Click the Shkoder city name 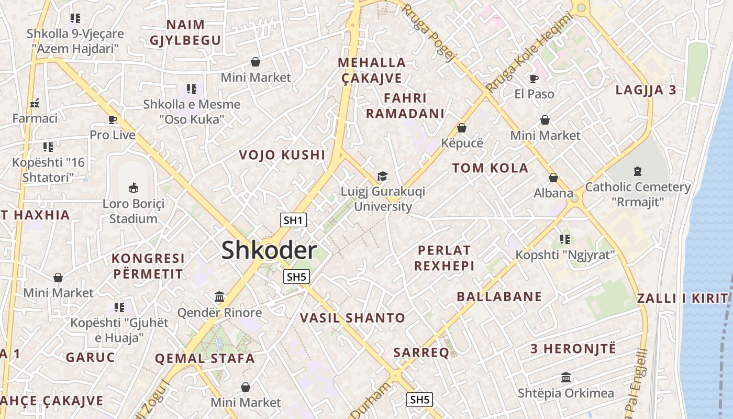click(x=269, y=250)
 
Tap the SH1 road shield click(x=293, y=220)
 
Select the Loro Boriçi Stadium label click(x=133, y=211)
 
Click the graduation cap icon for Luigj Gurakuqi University click(x=383, y=176)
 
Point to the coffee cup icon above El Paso click(x=534, y=79)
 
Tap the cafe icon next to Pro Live click(x=113, y=119)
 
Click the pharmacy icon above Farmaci click(x=35, y=103)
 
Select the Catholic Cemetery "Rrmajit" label click(x=638, y=194)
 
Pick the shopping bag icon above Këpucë click(x=462, y=127)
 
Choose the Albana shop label click(x=553, y=193)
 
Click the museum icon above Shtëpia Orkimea click(x=565, y=377)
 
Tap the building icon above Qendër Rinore click(x=219, y=297)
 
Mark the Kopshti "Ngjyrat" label click(x=564, y=255)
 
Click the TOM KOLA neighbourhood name click(x=490, y=168)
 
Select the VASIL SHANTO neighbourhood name click(x=352, y=317)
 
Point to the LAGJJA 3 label click(x=646, y=90)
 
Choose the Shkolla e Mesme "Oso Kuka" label click(x=192, y=112)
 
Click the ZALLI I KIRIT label click(x=682, y=299)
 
